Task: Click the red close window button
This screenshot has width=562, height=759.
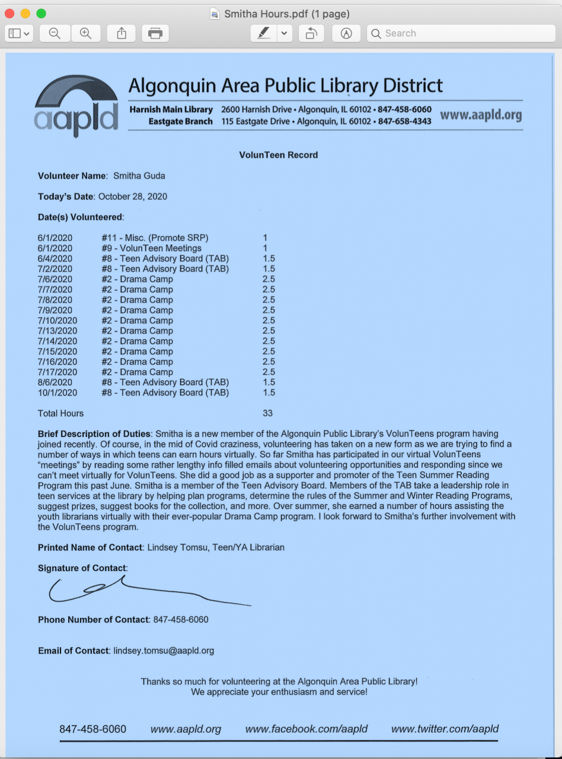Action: pos(9,14)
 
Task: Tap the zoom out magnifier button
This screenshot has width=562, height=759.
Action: pos(55,34)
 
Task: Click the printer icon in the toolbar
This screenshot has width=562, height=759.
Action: pos(155,34)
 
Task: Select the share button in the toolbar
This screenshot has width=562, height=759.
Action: pos(122,34)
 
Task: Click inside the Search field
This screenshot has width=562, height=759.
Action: pos(462,34)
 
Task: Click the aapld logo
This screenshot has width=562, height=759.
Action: pos(76,107)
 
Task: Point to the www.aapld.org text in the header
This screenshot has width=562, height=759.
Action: pos(481,114)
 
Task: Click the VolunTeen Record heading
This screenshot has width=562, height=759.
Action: pos(279,155)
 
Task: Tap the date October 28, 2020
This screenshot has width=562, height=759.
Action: pos(133,196)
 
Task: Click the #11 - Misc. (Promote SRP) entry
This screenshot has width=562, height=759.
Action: pos(155,238)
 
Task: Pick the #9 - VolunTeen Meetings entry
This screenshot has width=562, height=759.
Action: pos(151,248)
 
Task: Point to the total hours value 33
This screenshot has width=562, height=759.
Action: pos(267,413)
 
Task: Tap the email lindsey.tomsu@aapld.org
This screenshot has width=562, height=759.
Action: pos(164,650)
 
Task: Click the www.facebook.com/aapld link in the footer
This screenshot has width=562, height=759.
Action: pos(306,729)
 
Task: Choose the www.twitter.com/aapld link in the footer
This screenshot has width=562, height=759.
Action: pos(445,729)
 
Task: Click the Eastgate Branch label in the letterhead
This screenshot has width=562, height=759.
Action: pos(180,121)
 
